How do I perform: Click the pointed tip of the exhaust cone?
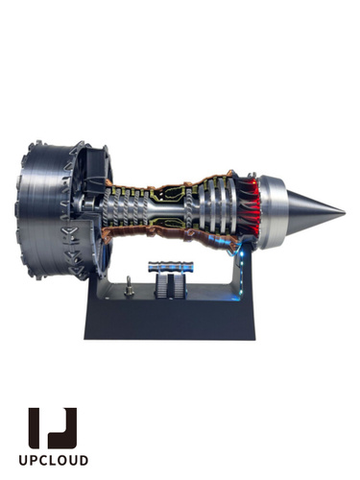point(345,212)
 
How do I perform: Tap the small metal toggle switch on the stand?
point(130,286)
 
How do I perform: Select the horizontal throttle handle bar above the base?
point(171,267)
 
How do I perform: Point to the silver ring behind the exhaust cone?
point(272,212)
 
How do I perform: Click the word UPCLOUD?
point(53,460)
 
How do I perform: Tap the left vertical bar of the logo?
point(34,427)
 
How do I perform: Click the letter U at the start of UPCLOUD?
point(23,460)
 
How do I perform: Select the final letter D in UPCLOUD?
point(84,460)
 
